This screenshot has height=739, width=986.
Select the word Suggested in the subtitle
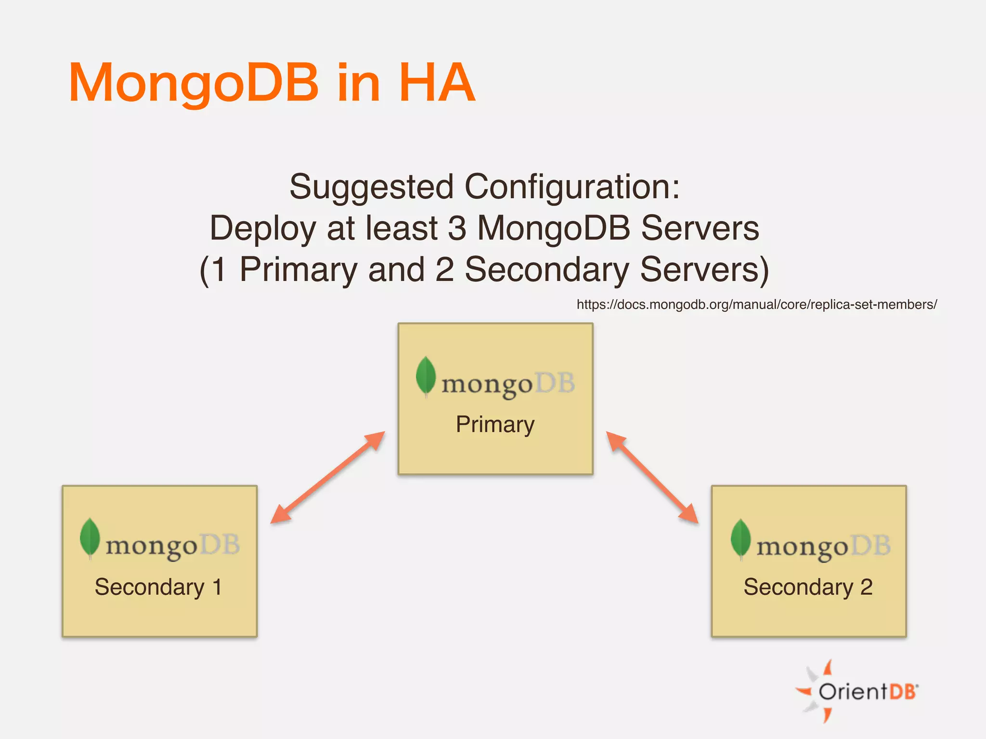(371, 187)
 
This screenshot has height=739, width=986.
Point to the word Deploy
(262, 228)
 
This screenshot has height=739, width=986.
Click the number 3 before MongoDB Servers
(457, 228)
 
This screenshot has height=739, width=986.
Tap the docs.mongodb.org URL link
(756, 305)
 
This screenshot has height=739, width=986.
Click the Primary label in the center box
(495, 424)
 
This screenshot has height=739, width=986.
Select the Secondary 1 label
(158, 587)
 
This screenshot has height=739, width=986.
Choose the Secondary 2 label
(808, 587)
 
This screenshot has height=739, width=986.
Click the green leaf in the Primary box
(426, 376)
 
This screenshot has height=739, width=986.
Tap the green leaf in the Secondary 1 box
(90, 537)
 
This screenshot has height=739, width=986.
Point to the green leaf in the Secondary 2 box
(740, 538)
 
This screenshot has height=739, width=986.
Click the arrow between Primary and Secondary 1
(328, 477)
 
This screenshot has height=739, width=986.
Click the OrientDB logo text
(867, 692)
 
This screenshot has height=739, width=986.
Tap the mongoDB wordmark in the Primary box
(508, 384)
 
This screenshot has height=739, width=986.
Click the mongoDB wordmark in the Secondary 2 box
(823, 547)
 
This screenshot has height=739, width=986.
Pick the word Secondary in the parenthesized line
(546, 269)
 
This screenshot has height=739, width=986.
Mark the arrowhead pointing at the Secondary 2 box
(689, 514)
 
